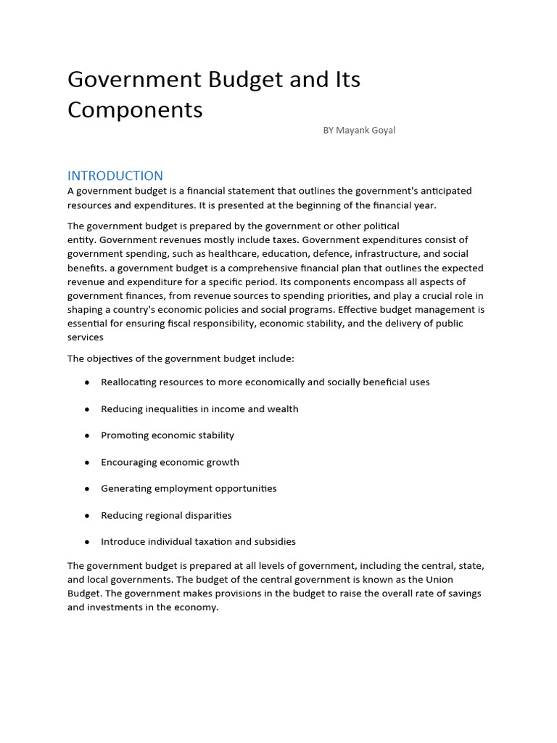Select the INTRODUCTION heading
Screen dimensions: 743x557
(x=115, y=176)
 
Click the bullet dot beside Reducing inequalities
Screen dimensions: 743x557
(x=87, y=409)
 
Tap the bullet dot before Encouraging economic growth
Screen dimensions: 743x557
(x=87, y=462)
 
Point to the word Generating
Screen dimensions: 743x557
(x=127, y=488)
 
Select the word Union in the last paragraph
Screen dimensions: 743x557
(x=438, y=579)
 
